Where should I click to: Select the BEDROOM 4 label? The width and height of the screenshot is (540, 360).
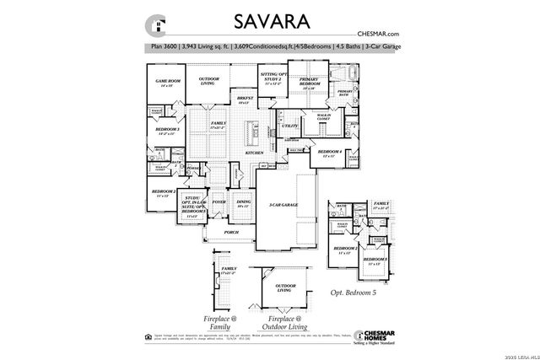coord(328,153)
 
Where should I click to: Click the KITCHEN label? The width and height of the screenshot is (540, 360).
coord(254,153)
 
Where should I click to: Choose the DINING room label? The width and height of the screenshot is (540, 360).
coord(244,202)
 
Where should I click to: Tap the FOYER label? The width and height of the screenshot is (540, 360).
coord(219,202)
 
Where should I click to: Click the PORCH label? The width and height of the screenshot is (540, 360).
coord(230,231)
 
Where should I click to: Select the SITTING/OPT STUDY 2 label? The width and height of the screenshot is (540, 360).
coord(272,81)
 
